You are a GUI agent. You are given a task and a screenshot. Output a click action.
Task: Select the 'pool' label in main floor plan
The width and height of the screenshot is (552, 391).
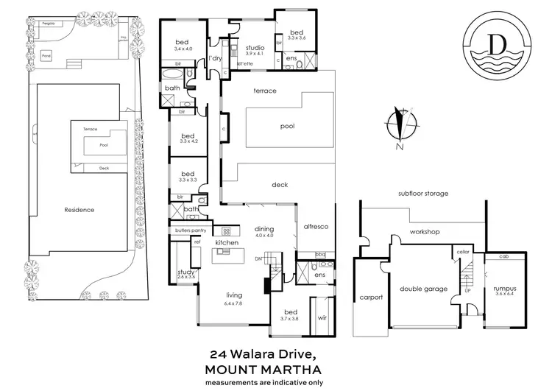click(x=287, y=127)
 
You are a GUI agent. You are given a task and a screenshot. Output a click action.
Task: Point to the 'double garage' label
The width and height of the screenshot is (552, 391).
click(x=425, y=289)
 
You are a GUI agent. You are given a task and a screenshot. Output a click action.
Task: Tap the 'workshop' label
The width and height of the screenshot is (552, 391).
click(x=425, y=232)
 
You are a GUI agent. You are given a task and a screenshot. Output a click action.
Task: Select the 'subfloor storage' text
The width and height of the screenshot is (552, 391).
click(x=423, y=194)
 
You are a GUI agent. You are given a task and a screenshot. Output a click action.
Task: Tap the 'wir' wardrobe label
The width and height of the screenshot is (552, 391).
click(x=322, y=318)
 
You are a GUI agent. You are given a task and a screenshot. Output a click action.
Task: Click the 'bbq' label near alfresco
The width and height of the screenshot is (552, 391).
click(x=320, y=255)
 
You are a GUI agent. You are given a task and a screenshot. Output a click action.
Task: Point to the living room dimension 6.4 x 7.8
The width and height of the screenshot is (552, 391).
click(x=234, y=303)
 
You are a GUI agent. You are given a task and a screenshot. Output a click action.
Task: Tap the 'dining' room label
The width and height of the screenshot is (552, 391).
click(x=263, y=228)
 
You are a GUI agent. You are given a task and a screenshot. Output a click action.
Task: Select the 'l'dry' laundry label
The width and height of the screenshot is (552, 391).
click(x=215, y=57)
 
